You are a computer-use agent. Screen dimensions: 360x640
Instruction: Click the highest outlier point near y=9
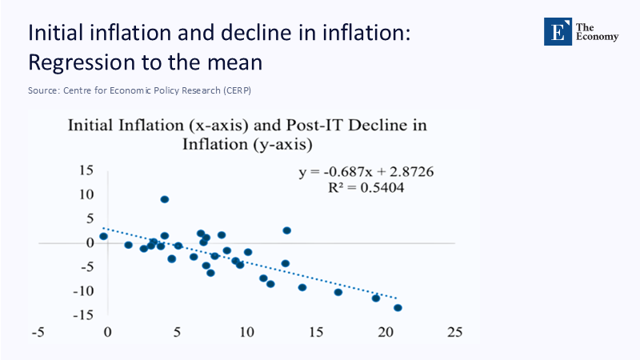164,199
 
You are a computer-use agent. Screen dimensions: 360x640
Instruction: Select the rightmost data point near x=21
398,308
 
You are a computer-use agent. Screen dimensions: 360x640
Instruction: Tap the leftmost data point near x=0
103,236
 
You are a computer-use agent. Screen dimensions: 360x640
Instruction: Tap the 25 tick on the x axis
455,331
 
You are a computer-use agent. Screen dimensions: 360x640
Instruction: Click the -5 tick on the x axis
37,331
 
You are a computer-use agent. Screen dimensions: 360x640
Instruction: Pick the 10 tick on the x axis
246,331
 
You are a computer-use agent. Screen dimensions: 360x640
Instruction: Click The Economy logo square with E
558,30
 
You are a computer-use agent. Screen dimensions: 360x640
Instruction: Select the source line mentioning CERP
139,90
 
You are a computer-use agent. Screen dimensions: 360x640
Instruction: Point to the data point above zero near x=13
286,230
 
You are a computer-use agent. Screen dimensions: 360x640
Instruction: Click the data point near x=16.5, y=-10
338,292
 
